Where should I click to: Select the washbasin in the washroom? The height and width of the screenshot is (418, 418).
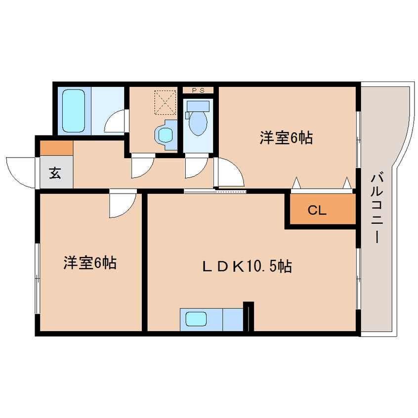165,134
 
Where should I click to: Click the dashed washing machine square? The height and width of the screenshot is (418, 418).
165,102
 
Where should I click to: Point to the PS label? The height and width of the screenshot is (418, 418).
198,90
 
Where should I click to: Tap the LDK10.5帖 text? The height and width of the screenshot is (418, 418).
247,267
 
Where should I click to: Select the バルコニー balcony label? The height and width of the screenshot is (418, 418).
377,207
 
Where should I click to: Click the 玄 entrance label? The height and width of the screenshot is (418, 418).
55,174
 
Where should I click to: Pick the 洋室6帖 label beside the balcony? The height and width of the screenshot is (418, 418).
286,138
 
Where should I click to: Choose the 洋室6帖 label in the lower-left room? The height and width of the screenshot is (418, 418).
89,263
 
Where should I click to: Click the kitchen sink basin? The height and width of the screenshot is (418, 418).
196,319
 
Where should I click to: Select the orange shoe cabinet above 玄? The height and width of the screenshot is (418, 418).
56,148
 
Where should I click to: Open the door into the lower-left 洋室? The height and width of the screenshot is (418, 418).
122,204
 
